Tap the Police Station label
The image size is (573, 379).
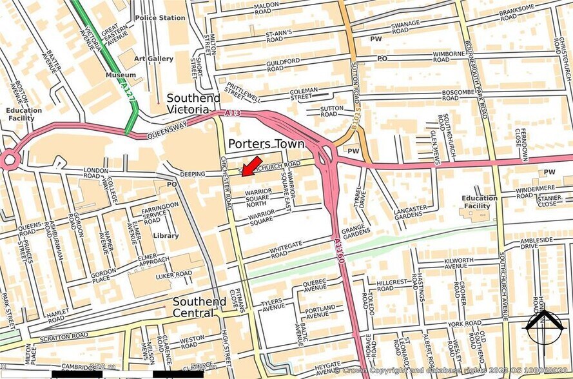pyautogui.click(x=160, y=18)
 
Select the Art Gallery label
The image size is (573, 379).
pyautogui.click(x=153, y=59)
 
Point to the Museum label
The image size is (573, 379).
pyautogui.click(x=121, y=75)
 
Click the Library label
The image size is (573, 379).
pyautogui.click(x=166, y=236)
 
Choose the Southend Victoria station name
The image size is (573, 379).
pyautogui.click(x=193, y=104)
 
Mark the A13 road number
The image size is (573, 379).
pyautogui.click(x=233, y=113)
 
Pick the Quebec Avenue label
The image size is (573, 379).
pyautogui.click(x=315, y=284)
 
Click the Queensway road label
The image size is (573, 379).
pyautogui.click(x=166, y=131)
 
